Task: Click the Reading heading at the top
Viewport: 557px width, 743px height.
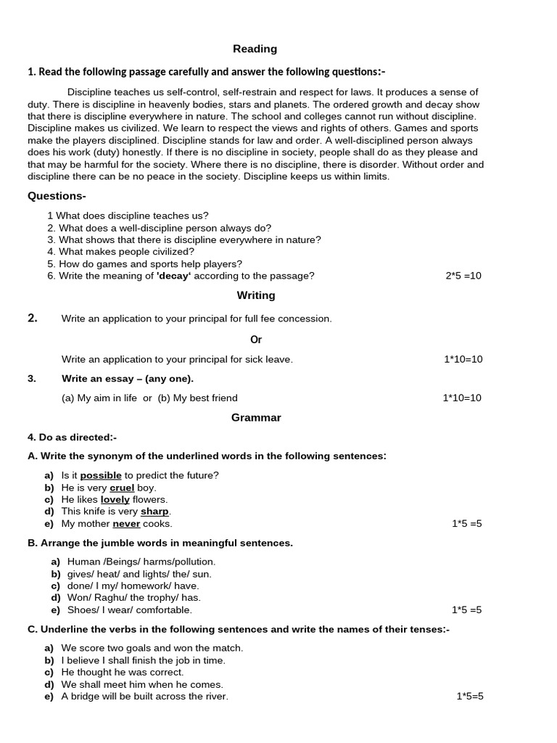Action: pos(255,49)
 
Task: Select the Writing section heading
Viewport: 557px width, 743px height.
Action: pos(256,295)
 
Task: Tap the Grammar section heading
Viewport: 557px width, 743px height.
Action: pos(256,417)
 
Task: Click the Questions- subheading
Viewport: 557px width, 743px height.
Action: pos(57,196)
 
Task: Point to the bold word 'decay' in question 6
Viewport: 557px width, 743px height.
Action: pos(173,276)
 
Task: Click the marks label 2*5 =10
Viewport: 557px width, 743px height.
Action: pos(463,276)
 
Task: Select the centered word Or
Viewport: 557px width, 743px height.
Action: pos(256,340)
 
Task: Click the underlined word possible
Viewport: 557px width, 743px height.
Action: pos(101,475)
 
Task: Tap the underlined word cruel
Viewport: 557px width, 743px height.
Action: pos(122,488)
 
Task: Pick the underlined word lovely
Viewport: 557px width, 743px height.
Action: pos(115,499)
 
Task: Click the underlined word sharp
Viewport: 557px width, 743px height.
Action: pos(154,512)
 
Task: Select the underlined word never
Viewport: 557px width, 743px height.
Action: pos(126,523)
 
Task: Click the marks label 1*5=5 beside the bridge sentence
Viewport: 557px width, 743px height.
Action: pos(470,697)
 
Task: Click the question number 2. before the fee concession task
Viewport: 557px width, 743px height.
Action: pos(33,318)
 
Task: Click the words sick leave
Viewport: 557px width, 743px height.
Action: pos(269,359)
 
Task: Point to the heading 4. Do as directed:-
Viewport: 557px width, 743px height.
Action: pos(72,438)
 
